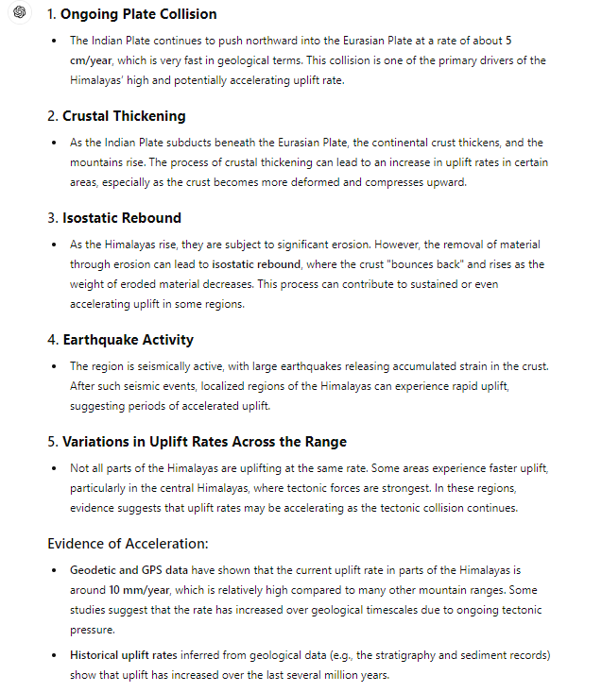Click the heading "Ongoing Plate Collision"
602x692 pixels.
(x=139, y=14)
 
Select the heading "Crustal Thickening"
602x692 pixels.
(x=124, y=116)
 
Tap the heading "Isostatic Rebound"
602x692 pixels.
(x=122, y=218)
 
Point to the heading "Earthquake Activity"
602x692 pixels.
(x=128, y=339)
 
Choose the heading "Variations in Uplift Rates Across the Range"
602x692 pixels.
(x=204, y=441)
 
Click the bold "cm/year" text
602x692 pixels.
(x=92, y=60)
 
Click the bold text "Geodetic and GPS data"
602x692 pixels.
(x=131, y=570)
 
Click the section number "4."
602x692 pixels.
(x=53, y=339)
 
